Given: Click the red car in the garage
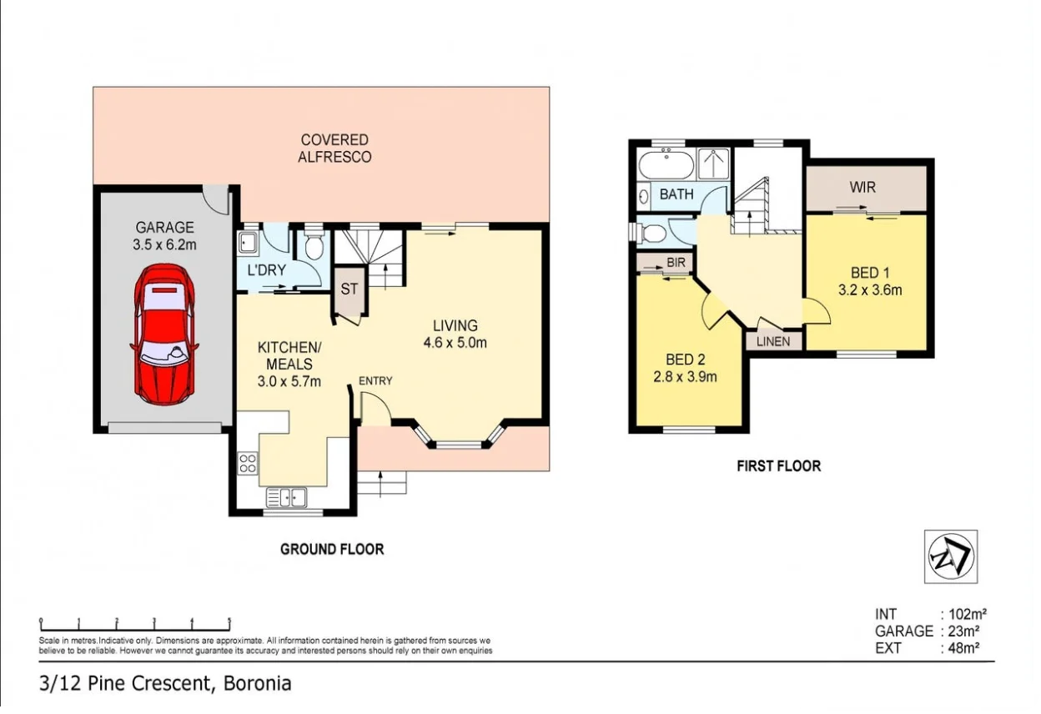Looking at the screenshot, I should tap(164, 334).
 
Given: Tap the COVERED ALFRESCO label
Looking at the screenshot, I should tap(334, 148).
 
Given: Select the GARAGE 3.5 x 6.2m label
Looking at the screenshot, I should tap(164, 236).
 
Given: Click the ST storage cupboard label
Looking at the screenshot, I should tap(349, 289).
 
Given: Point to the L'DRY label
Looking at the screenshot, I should tap(266, 269).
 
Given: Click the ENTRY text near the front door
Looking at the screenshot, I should tap(375, 381).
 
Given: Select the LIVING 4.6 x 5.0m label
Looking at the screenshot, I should tap(455, 334).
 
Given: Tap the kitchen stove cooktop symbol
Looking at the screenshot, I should tap(248, 463).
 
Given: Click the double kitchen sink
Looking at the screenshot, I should tap(287, 497).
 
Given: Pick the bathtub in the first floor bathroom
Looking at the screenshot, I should tap(666, 163).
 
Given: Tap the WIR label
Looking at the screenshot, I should tap(862, 188).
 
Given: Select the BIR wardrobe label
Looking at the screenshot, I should tap(676, 262).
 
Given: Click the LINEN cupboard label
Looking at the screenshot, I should tap(773, 341).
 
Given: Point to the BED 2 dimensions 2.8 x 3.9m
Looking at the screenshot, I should tap(686, 376).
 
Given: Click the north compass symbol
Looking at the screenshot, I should tap(951, 556).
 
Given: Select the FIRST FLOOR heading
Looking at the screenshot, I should tap(778, 466).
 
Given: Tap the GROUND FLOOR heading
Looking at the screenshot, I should tap(332, 549).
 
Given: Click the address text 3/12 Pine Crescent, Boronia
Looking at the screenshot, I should tap(165, 684).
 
